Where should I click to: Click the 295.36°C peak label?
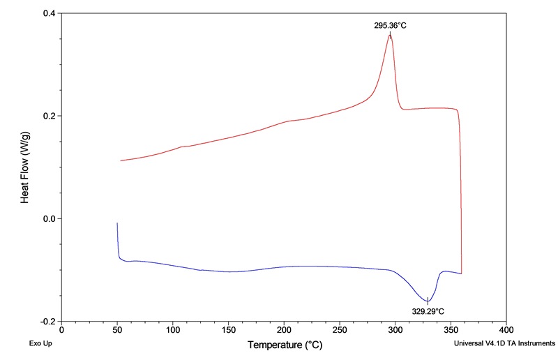[x=390, y=25]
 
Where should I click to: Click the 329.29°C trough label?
[x=428, y=311]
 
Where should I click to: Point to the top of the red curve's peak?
[x=390, y=35]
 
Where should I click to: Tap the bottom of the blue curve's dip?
[x=428, y=301]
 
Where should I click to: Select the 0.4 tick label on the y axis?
[x=49, y=13]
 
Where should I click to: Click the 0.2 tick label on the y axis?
[x=49, y=116]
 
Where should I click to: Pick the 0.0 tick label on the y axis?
[x=49, y=219]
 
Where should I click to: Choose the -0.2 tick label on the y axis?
[x=47, y=322]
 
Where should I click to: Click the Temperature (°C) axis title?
[x=284, y=345]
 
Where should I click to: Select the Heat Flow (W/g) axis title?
[x=24, y=167]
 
